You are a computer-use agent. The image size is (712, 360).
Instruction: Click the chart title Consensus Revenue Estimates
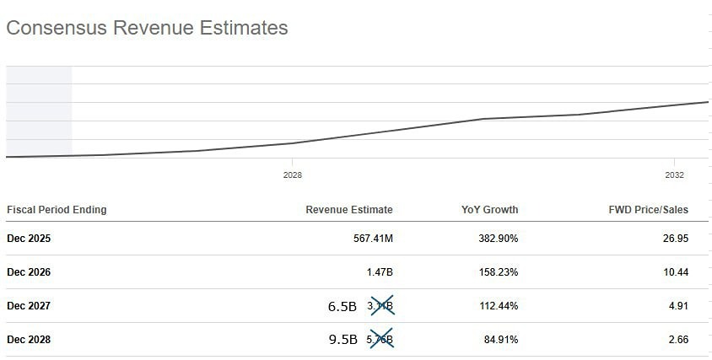pyautogui.click(x=147, y=28)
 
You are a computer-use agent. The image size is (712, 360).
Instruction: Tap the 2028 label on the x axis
pyautogui.click(x=293, y=175)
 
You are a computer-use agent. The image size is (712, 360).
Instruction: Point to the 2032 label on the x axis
pyautogui.click(x=674, y=175)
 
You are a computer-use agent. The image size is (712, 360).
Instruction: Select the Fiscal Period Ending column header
pyautogui.click(x=57, y=210)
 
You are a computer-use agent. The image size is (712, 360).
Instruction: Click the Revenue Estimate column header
pyautogui.click(x=348, y=210)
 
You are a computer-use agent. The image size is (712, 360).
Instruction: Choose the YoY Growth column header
pyautogui.click(x=490, y=210)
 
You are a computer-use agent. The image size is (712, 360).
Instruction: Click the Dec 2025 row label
pyautogui.click(x=29, y=239)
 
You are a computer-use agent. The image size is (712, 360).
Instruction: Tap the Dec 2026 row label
pyautogui.click(x=29, y=272)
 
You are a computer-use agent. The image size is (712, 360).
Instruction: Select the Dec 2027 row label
pyautogui.click(x=29, y=306)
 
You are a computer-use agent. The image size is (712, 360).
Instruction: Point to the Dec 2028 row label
pyautogui.click(x=29, y=340)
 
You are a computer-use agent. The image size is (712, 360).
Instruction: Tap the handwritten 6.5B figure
pyautogui.click(x=342, y=306)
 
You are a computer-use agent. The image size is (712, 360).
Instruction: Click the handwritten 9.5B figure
pyautogui.click(x=342, y=340)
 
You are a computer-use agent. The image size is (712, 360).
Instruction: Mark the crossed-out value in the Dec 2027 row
pyautogui.click(x=380, y=306)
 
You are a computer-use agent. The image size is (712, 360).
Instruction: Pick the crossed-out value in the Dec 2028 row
pyautogui.click(x=380, y=340)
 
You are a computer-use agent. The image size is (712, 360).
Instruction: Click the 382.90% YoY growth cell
pyautogui.click(x=498, y=239)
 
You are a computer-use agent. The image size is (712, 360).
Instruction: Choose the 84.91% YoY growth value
pyautogui.click(x=500, y=340)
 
